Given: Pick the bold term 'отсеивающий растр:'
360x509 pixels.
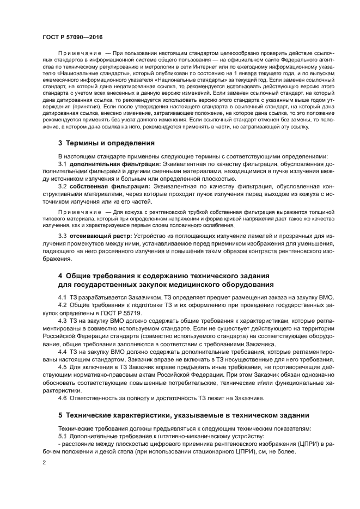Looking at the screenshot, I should (100, 236).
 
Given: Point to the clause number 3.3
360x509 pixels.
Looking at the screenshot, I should (62, 236).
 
